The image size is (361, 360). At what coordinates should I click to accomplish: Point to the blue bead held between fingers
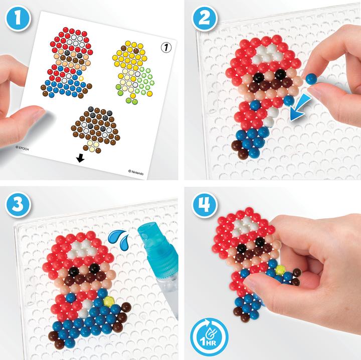click(311, 78)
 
